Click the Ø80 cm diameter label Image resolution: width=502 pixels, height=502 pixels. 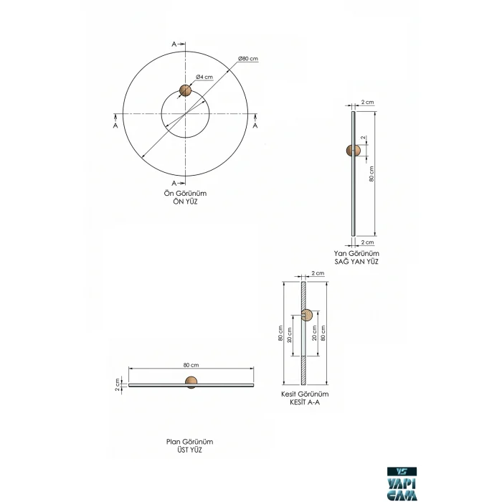click(x=248, y=59)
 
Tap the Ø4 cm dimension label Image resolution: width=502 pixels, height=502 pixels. click(x=204, y=77)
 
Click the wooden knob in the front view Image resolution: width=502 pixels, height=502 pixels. click(x=185, y=90)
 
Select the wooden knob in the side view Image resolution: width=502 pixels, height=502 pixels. click(x=353, y=151)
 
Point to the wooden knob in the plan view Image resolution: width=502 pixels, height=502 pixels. click(x=191, y=382)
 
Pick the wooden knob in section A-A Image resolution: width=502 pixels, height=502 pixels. click(x=306, y=316)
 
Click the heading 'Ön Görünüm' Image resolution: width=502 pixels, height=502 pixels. click(x=185, y=194)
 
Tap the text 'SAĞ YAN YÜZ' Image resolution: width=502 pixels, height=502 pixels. click(x=356, y=262)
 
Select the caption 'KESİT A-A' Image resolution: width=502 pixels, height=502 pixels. click(x=305, y=402)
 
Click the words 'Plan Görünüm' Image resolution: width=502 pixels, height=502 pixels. click(x=189, y=442)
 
